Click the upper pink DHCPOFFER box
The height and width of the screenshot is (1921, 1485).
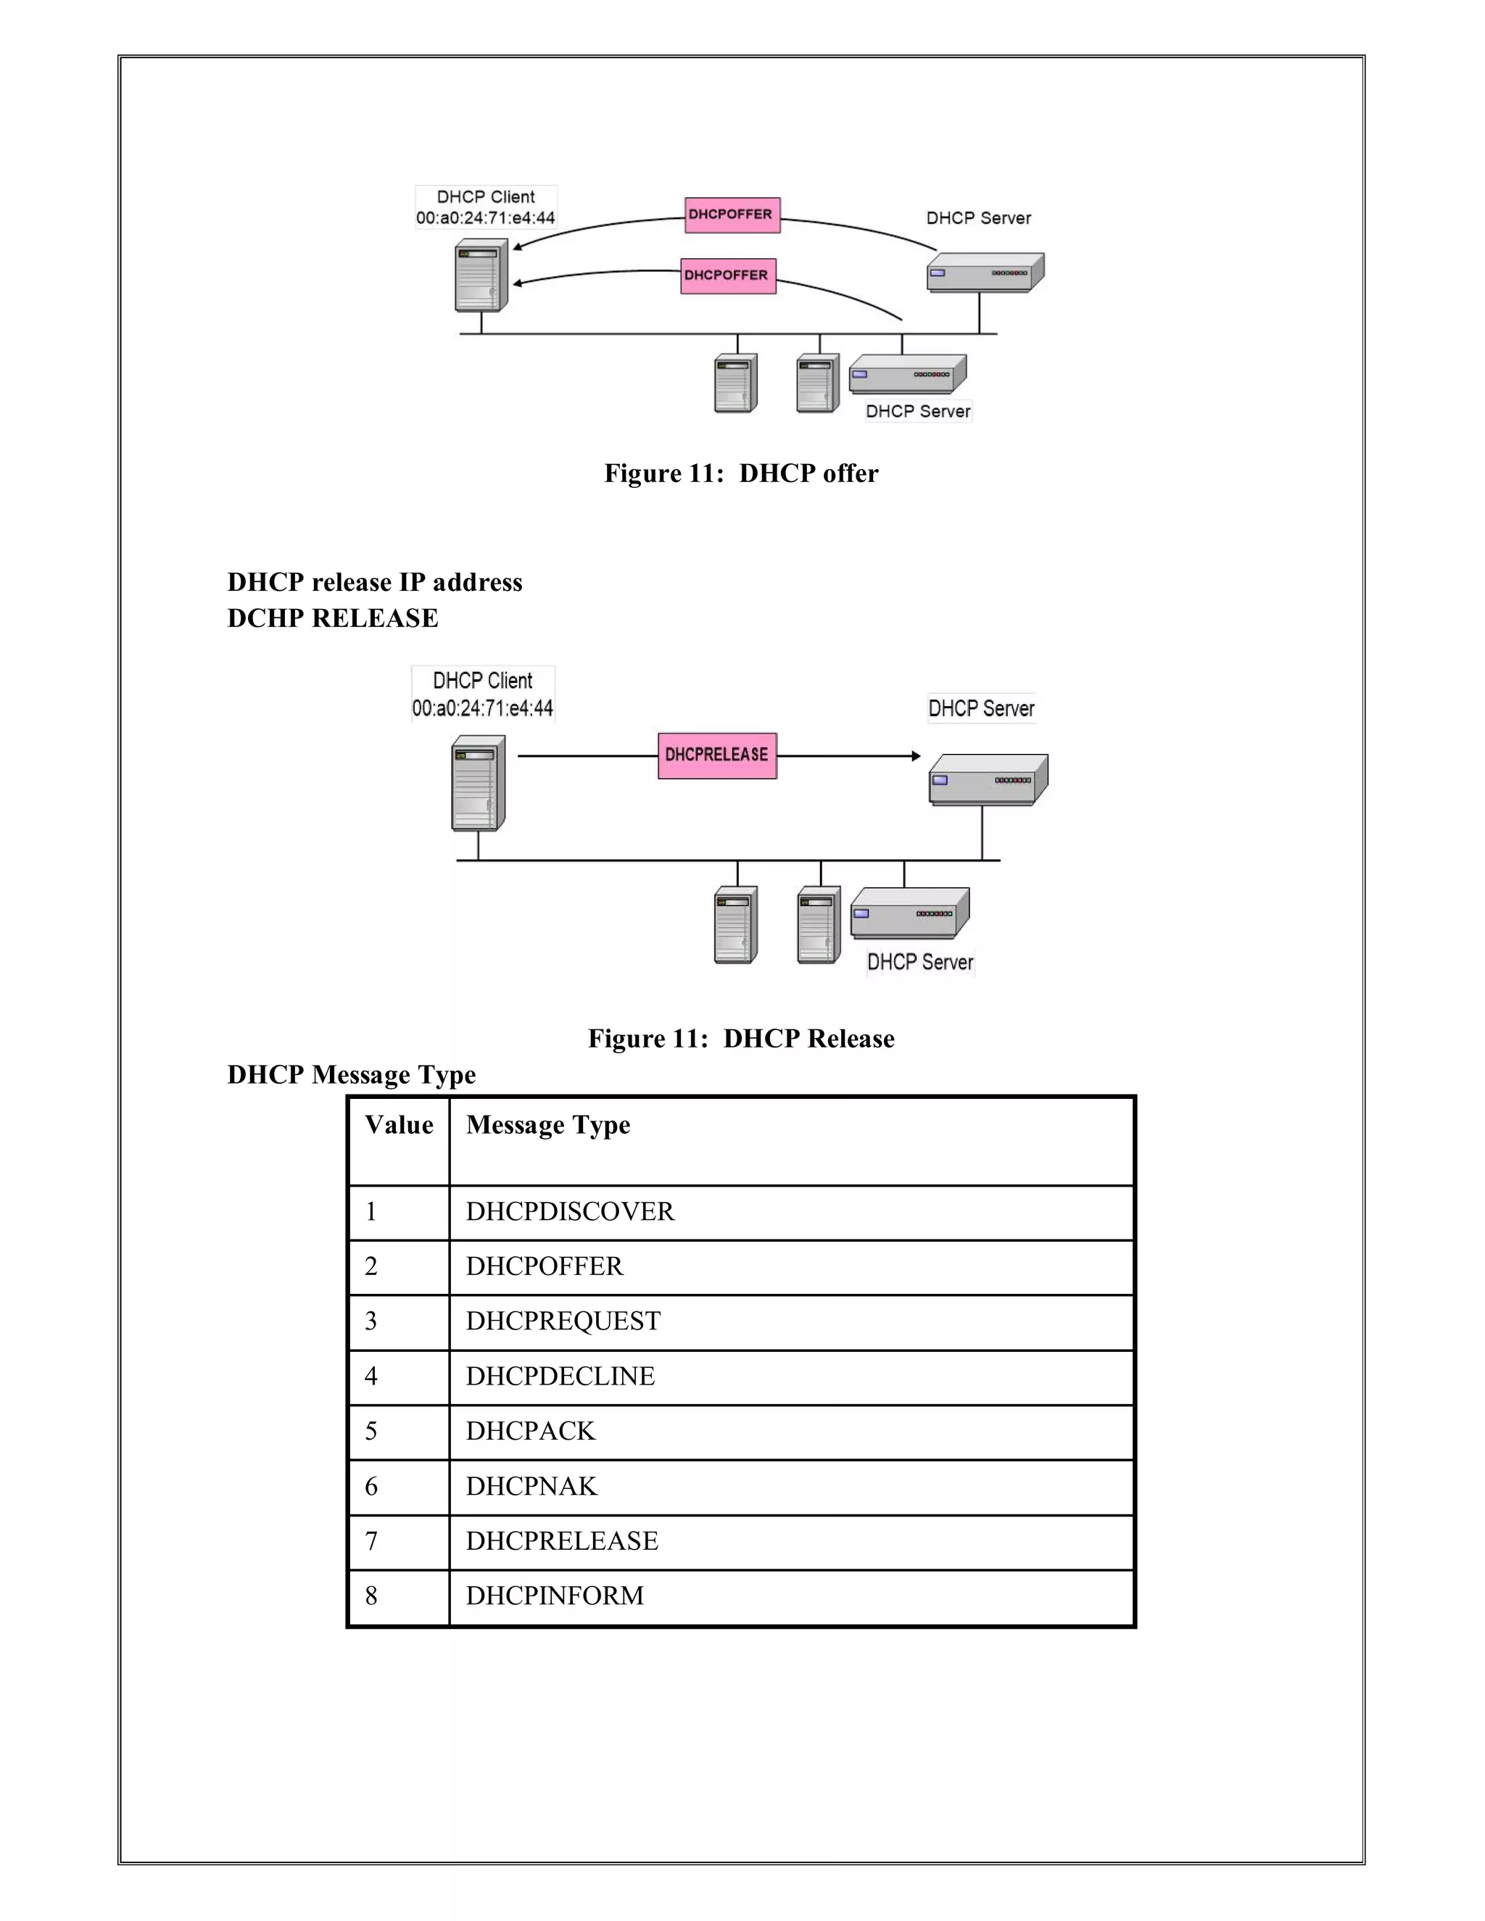732,215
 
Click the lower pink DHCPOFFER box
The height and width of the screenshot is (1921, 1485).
727,275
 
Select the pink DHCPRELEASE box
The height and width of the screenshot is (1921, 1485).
717,755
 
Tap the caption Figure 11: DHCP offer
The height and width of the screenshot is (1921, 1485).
741,473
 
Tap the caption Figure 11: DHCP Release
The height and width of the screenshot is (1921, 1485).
741,1039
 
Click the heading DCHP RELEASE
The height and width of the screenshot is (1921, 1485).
333,618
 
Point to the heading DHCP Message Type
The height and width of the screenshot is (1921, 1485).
351,1075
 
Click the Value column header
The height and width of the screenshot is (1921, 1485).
399,1125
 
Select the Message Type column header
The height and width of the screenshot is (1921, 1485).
547,1125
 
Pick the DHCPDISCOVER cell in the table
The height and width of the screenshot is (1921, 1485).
570,1212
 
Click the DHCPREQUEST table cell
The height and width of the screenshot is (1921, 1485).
563,1321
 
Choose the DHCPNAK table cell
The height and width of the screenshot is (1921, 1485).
531,1487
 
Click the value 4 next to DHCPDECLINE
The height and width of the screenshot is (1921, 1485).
371,1377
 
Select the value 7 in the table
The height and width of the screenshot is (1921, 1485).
371,1541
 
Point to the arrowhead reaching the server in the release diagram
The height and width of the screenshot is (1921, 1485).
916,755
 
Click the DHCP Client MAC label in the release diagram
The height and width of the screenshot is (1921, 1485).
482,708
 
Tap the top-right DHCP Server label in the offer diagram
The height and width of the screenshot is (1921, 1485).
978,218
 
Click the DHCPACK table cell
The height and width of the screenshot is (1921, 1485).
531,1431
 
